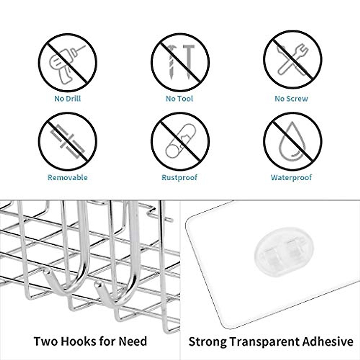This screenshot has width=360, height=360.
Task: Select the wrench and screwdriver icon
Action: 292,60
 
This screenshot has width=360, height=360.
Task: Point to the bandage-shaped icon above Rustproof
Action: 180,141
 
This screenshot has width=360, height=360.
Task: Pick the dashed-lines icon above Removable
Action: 67,141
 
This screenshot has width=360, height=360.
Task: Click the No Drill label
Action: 67,98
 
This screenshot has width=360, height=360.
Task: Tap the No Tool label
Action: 179,98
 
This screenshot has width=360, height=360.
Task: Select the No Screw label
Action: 291,98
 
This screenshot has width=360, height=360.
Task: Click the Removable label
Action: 67,177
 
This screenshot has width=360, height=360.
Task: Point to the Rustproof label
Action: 179,177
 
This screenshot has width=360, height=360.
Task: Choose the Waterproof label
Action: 291,177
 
